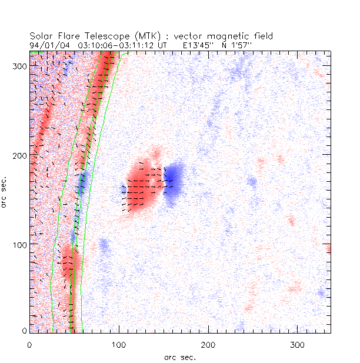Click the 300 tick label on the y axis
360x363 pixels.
tap(18, 66)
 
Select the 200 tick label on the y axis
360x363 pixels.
tap(18, 155)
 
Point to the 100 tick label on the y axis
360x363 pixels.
tap(18, 244)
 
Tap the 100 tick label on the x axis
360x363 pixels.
tap(119, 343)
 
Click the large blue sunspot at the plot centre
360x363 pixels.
tap(174, 182)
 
